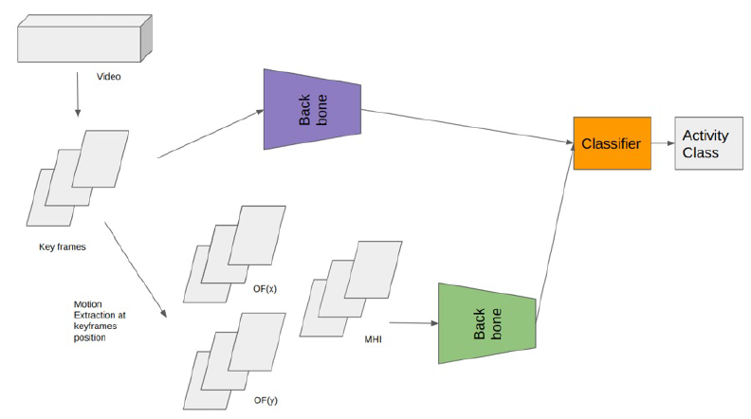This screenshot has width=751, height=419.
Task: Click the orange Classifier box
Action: coord(612,143)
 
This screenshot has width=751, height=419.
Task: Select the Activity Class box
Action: coord(707,143)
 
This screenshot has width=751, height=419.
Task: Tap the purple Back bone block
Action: coord(314,110)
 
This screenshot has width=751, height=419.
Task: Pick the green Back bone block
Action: coord(487,322)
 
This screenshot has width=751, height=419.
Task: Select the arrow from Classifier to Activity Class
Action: coord(663,143)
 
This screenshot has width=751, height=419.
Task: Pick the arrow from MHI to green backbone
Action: coord(412,323)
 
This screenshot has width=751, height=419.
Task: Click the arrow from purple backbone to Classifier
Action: coord(465,127)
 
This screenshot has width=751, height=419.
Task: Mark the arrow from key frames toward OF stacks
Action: coord(134,268)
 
